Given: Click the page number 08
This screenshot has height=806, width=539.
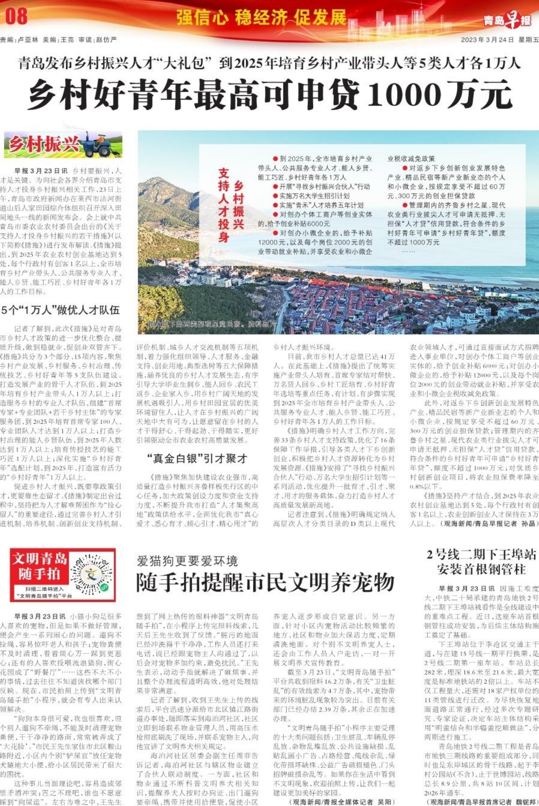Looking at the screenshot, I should pyautogui.click(x=17, y=17).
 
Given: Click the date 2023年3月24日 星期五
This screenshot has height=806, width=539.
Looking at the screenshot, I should pyautogui.click(x=499, y=40).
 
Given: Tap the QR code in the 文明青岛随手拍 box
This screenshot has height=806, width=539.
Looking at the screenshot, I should pyautogui.click(x=91, y=574).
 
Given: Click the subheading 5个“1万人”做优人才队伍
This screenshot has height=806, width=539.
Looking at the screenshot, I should pyautogui.click(x=60, y=310).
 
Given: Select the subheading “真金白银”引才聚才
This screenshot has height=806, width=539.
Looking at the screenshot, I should pyautogui.click(x=197, y=459).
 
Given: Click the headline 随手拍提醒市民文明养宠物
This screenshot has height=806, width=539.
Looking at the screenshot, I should pyautogui.click(x=265, y=582).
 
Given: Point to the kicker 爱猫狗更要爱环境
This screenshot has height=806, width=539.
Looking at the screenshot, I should pyautogui.click(x=187, y=561).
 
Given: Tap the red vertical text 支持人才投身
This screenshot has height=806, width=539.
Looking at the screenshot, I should pyautogui.click(x=224, y=205).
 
